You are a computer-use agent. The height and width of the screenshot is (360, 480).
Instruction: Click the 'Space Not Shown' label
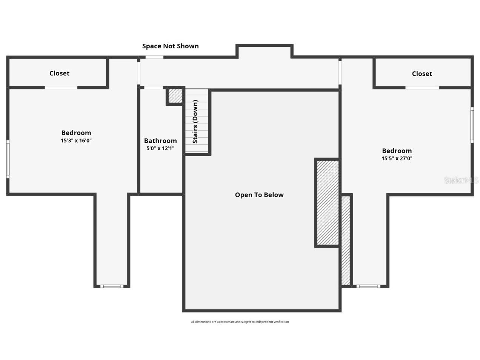(x=170, y=46)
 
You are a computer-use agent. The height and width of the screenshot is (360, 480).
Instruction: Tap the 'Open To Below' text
(x=259, y=195)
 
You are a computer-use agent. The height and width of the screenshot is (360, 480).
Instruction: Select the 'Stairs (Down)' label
(x=195, y=122)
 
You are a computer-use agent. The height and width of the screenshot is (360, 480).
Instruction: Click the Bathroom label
(x=160, y=141)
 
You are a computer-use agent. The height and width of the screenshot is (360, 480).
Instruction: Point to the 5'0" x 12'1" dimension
(x=160, y=148)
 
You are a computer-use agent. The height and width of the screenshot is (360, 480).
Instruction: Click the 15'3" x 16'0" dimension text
(x=76, y=141)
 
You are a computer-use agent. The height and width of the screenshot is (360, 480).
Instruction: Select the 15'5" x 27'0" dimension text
(x=397, y=158)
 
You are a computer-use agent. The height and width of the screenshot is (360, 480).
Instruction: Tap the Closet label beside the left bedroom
(x=59, y=73)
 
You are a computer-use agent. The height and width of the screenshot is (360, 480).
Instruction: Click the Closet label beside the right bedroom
(x=422, y=74)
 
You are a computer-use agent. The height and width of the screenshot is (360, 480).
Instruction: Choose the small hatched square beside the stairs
(x=175, y=96)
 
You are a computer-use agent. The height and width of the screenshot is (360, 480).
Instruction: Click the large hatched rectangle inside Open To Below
(x=327, y=203)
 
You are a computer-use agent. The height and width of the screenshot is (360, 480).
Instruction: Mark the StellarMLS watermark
(x=461, y=180)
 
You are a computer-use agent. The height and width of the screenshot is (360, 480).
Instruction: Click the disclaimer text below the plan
(x=240, y=322)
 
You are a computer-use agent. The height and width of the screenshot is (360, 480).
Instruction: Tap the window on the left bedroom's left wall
(x=8, y=159)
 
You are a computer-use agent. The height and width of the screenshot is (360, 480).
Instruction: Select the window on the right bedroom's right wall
(x=472, y=125)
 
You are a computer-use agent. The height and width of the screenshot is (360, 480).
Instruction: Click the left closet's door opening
(x=61, y=88)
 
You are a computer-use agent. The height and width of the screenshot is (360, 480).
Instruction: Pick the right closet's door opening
(x=422, y=88)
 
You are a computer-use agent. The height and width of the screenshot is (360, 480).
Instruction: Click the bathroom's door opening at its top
(x=153, y=88)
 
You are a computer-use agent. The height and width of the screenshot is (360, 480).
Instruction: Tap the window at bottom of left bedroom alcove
(x=112, y=286)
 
